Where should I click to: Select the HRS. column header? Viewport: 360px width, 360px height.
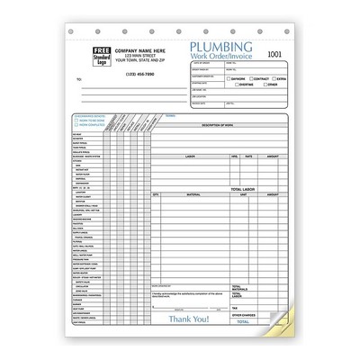[x=234, y=156]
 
